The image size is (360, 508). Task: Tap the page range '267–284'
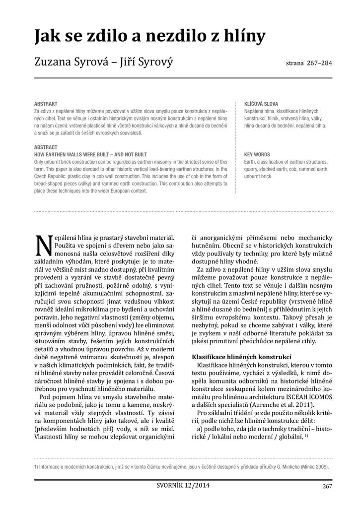[x=319, y=64]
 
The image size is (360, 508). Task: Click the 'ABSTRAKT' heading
[x=46, y=104]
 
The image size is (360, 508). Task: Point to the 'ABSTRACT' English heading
[x=46, y=147]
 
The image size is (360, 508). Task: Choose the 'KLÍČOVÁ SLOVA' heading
[x=261, y=104]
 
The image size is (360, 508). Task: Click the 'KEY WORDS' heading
[x=257, y=155]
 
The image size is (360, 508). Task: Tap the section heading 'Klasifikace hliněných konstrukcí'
[x=241, y=358]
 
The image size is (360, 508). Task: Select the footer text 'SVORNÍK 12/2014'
[x=180, y=485]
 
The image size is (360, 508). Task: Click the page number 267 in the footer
[x=327, y=486]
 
